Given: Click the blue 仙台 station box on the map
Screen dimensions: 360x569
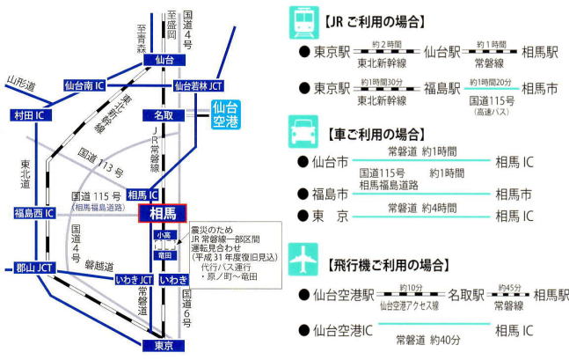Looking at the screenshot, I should tap(164, 61).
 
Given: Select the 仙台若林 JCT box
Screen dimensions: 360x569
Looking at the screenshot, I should tap(198, 86).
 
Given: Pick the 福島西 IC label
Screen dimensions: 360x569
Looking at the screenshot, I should tap(33, 213).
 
